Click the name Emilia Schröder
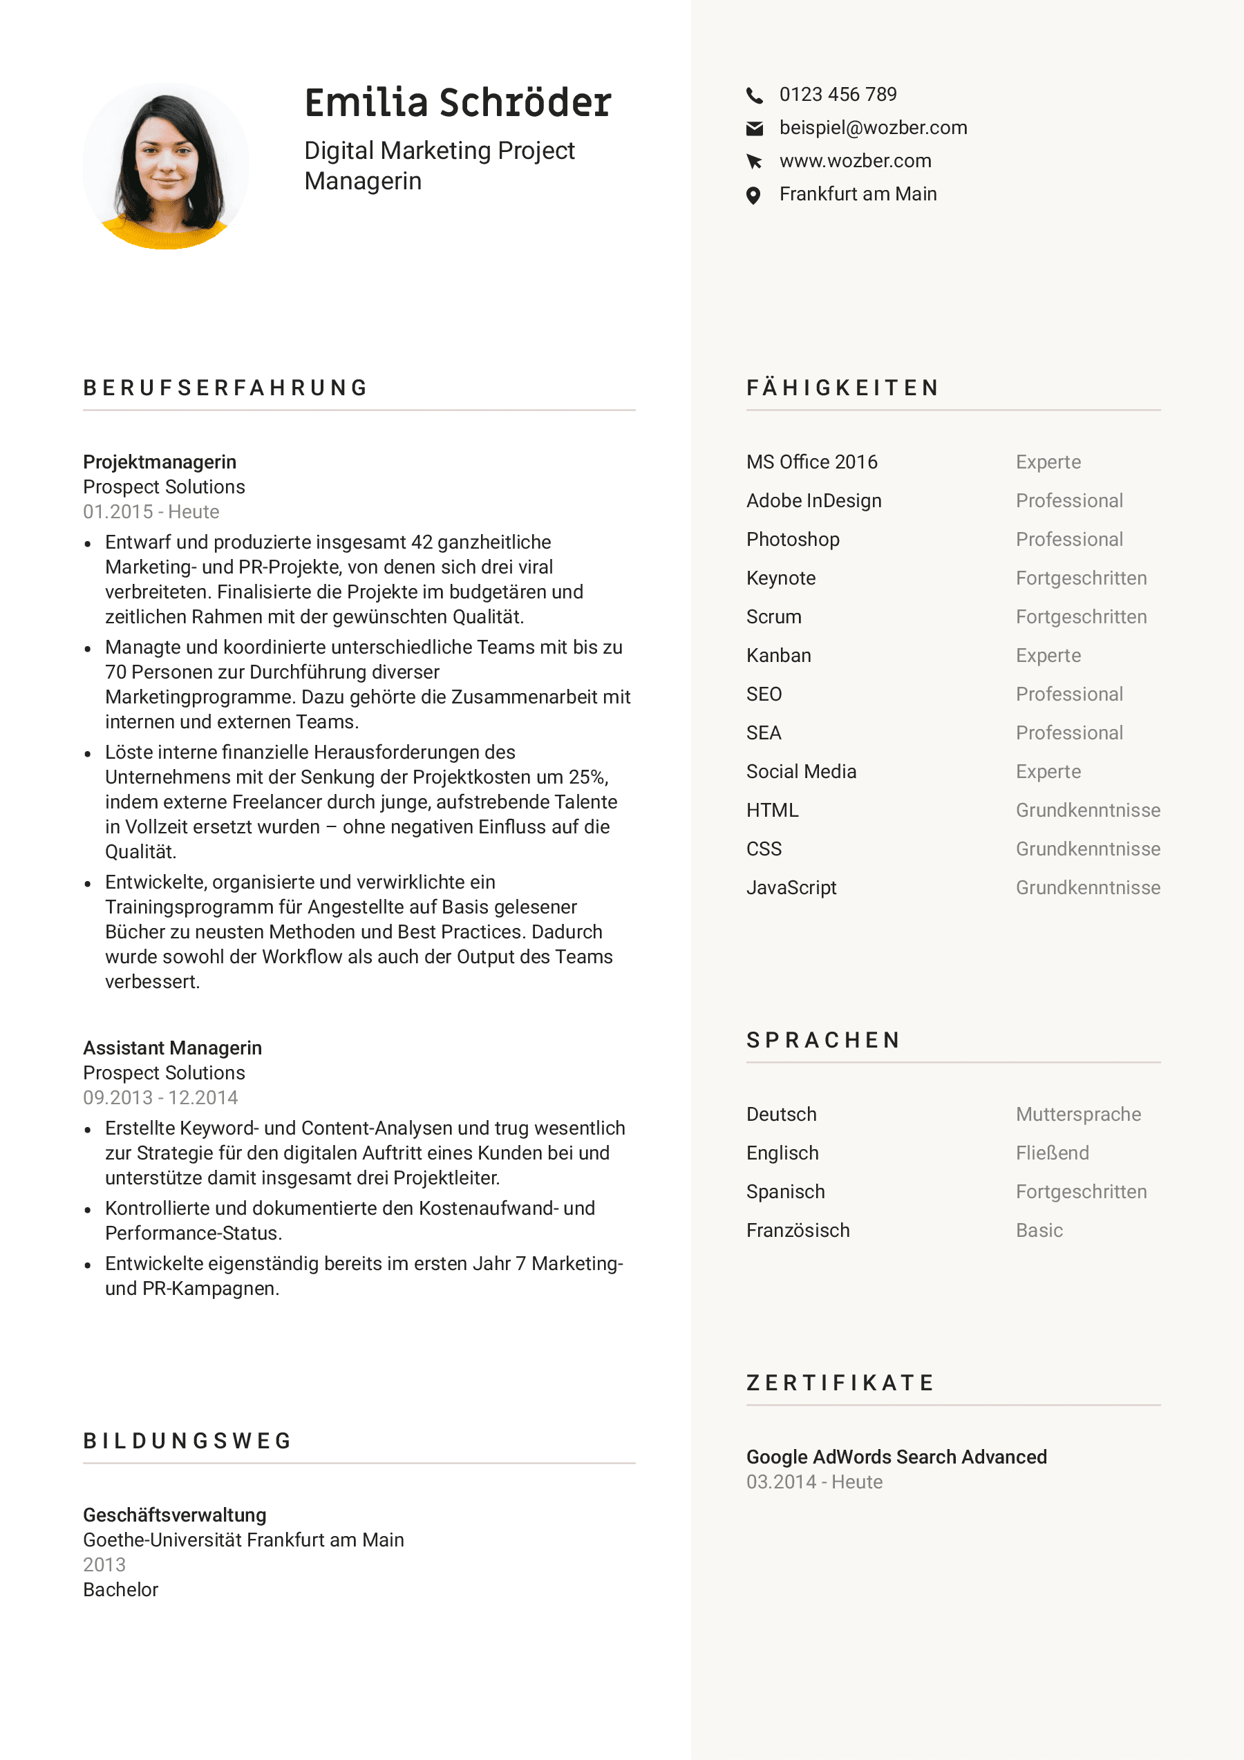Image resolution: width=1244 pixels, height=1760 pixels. pyautogui.click(x=458, y=103)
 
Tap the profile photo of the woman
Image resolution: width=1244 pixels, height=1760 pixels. pyautogui.click(x=166, y=166)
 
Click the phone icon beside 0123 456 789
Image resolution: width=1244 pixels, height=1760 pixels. pyautogui.click(x=754, y=95)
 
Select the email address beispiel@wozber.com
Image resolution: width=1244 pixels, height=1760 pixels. pyautogui.click(x=873, y=127)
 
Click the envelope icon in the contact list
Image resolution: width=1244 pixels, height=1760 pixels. pyautogui.click(x=754, y=128)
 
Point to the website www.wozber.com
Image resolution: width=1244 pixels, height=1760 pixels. pyautogui.click(x=855, y=161)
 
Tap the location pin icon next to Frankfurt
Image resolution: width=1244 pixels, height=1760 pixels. pyautogui.click(x=753, y=196)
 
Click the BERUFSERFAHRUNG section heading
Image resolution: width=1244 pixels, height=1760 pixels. pyautogui.click(x=226, y=388)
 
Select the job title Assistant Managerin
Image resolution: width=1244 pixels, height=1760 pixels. pyautogui.click(x=173, y=1048)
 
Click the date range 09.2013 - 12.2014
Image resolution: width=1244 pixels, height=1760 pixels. pyautogui.click(x=160, y=1098)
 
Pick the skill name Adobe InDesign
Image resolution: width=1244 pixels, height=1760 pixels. pyautogui.click(x=813, y=500)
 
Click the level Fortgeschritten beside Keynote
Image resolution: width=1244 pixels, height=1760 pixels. pyautogui.click(x=1081, y=578)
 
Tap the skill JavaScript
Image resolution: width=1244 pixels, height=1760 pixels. pyautogui.click(x=791, y=888)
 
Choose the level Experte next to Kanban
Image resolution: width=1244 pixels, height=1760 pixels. pyautogui.click(x=1048, y=655)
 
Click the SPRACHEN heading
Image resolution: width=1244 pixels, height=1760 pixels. pyautogui.click(x=823, y=1040)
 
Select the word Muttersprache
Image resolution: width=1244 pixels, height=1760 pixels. pyautogui.click(x=1077, y=1115)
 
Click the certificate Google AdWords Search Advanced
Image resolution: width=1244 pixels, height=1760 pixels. pyautogui.click(x=896, y=1457)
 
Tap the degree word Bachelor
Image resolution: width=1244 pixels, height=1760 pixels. pyautogui.click(x=120, y=1590)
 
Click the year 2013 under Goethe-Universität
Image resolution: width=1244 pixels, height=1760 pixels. pyautogui.click(x=104, y=1564)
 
